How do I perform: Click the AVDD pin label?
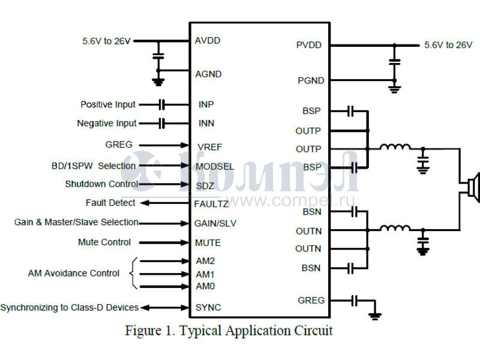coord(208,41)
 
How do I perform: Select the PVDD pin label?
coord(308,45)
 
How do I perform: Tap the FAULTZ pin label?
coord(211,204)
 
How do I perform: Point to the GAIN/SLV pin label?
coord(215,223)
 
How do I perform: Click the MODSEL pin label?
coord(215,166)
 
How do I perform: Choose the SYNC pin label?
coord(208,307)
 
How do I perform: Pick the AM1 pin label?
coord(205,274)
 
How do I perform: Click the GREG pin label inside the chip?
coord(311,300)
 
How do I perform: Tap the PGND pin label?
coord(311,80)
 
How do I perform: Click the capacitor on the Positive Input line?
coord(161,104)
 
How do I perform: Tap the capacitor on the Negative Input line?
coord(161,124)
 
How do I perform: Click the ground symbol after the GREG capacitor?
coord(376,314)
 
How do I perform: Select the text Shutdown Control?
coord(101,184)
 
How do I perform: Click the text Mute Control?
coord(104,242)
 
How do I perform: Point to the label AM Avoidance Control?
coord(74,274)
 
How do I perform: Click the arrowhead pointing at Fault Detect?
coord(144,203)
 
